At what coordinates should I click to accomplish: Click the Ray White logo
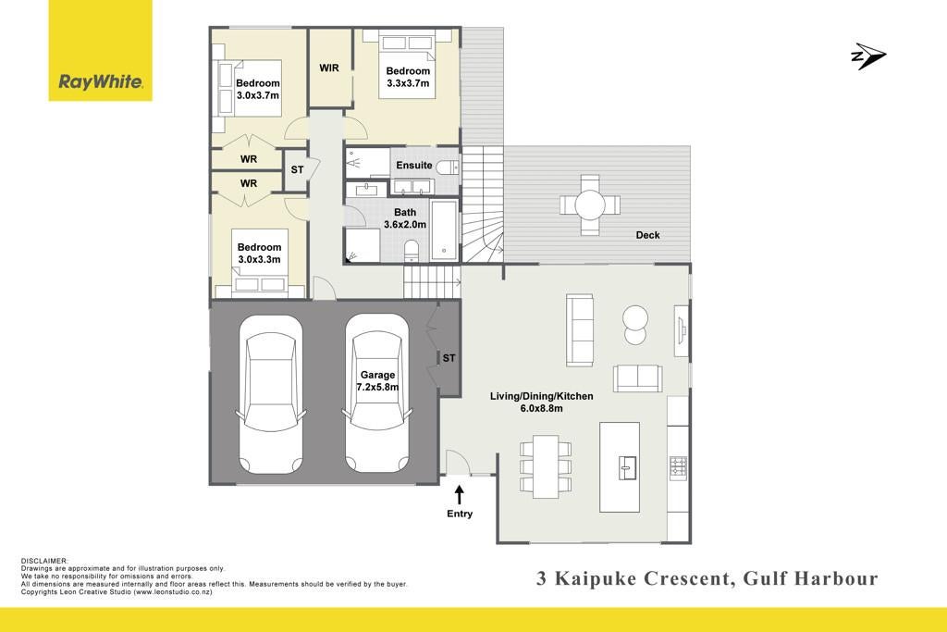click(100, 51)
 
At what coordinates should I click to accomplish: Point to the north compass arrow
click(867, 56)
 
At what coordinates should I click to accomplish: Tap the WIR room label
click(329, 68)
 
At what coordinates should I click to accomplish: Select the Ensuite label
click(413, 165)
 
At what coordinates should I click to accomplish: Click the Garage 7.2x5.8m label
click(377, 381)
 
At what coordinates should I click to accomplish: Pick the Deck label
click(647, 235)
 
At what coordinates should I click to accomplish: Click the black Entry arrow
click(460, 494)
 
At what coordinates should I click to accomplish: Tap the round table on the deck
click(589, 204)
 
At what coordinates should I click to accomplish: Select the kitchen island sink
click(627, 467)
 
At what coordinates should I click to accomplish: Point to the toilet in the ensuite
click(448, 167)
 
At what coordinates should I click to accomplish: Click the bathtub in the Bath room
click(445, 230)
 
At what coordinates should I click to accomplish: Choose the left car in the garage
click(271, 394)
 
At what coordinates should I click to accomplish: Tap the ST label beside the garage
click(449, 358)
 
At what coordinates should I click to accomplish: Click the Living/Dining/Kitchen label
click(541, 403)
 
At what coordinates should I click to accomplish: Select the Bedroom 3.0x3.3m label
click(259, 254)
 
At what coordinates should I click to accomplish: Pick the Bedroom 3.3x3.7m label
click(408, 77)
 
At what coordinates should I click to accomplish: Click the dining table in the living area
click(546, 464)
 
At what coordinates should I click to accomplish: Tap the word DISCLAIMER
click(44, 562)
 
